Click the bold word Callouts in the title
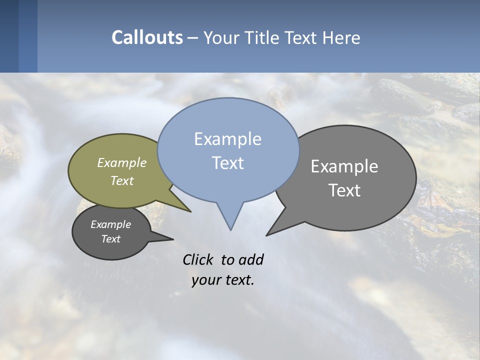tap(147, 37)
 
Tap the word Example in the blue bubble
tap(227, 139)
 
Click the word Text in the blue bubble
tap(227, 163)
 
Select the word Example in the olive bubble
tap(122, 162)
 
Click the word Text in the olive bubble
tap(122, 180)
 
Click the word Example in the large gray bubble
tap(344, 166)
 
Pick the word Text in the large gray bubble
tap(344, 190)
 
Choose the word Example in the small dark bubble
tap(110, 224)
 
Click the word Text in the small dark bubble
tap(110, 239)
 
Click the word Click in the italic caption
tap(198, 260)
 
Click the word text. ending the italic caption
tap(239, 280)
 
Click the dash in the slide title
tap(193, 38)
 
